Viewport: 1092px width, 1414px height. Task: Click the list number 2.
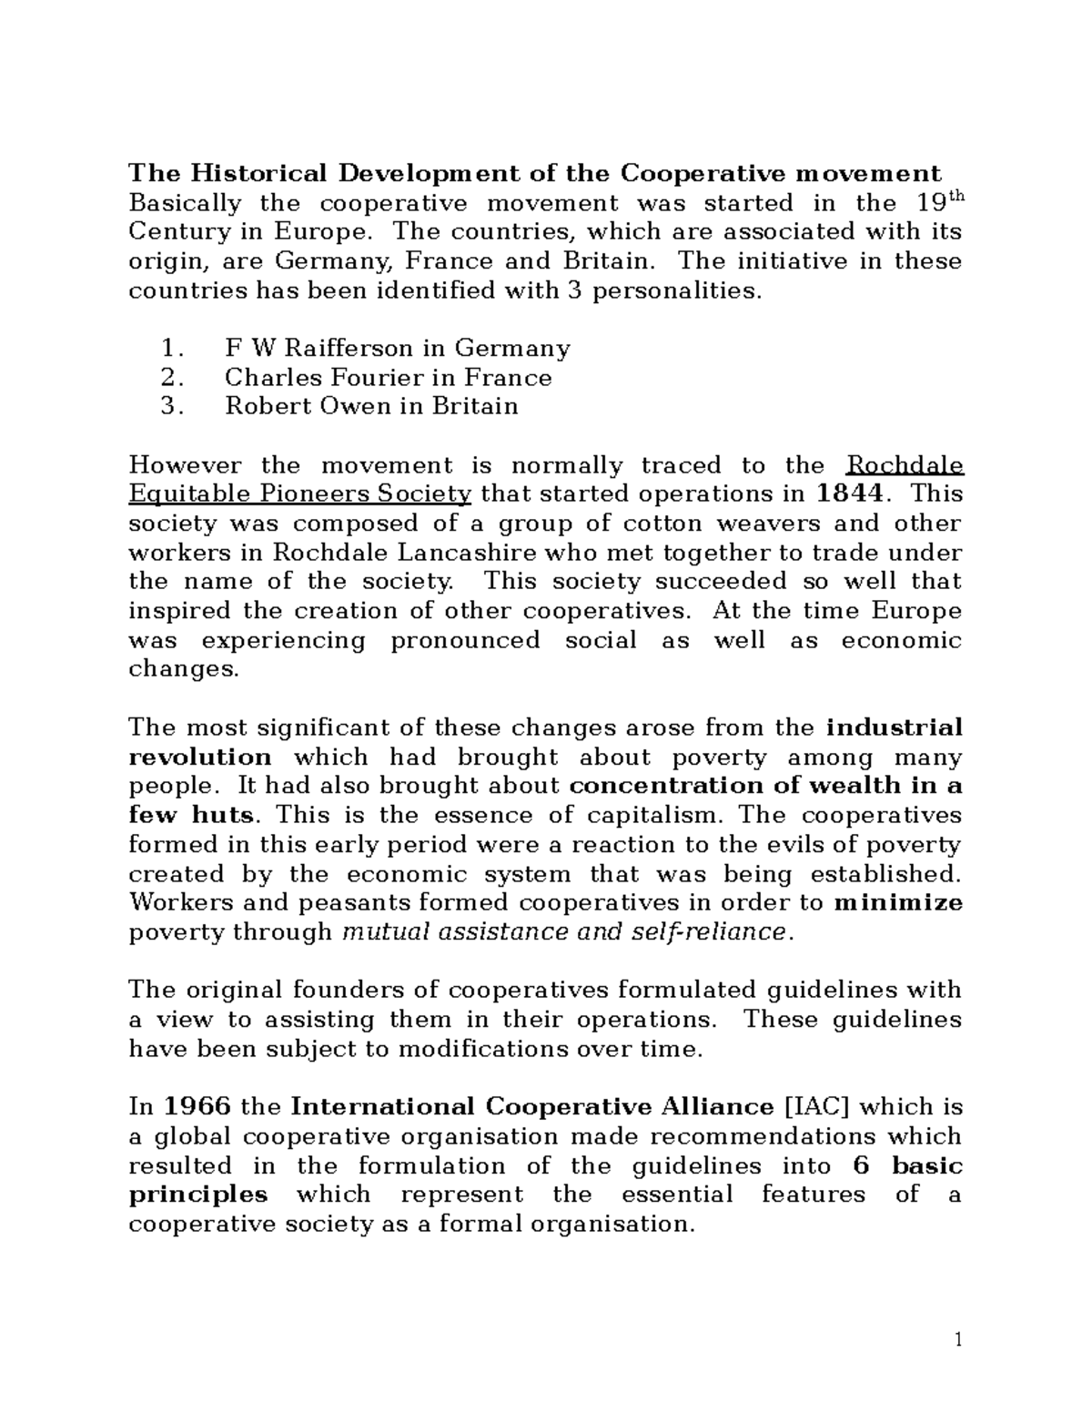[170, 378]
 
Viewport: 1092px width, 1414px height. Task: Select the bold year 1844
[848, 494]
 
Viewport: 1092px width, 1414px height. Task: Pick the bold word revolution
[200, 758]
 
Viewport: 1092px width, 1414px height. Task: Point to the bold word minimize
[898, 903]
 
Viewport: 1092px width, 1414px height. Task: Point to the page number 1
[957, 1339]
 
